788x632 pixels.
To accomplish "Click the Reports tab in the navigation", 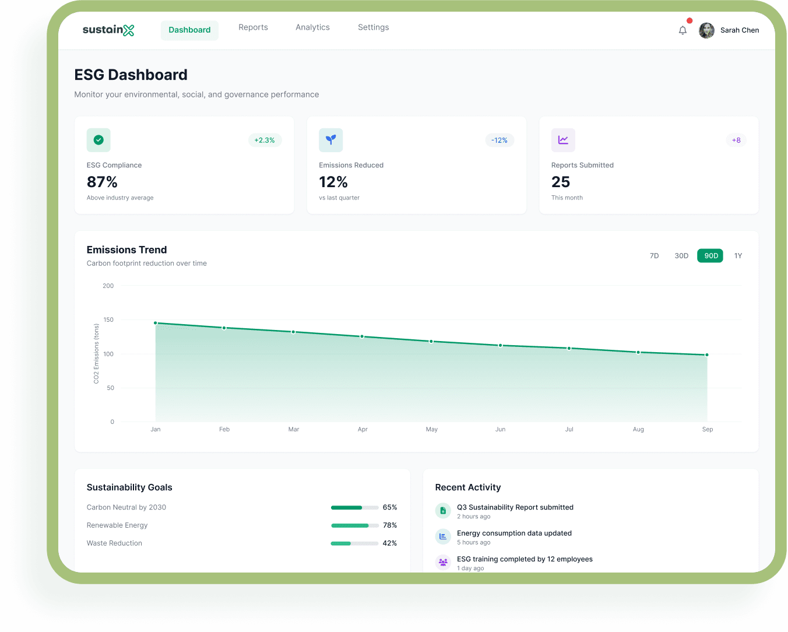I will pos(253,27).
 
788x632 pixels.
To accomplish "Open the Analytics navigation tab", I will pos(312,27).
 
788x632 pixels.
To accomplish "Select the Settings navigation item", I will pos(373,27).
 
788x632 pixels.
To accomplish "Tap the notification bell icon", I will pos(683,30).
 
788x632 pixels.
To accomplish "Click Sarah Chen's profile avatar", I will pos(706,30).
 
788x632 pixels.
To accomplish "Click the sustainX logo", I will pos(108,30).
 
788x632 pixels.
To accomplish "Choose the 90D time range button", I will pos(710,256).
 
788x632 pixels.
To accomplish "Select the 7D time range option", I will pos(654,256).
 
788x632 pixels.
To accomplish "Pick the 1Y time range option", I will pos(738,256).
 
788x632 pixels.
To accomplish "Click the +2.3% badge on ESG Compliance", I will pos(265,141).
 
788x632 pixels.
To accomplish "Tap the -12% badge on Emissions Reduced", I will pos(499,141).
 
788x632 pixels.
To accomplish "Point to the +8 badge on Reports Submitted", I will pos(736,141).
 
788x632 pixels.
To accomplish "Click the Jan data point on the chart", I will pos(156,323).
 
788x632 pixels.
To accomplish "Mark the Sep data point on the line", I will pos(707,355).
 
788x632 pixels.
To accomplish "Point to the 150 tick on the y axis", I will pos(108,320).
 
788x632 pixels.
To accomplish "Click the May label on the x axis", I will pos(431,430).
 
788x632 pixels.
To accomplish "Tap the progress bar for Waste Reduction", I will pos(354,543).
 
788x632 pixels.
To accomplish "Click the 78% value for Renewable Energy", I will pos(390,525).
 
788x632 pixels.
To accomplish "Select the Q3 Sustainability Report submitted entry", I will pos(515,508).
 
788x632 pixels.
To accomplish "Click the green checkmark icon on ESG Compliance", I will pos(98,140).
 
